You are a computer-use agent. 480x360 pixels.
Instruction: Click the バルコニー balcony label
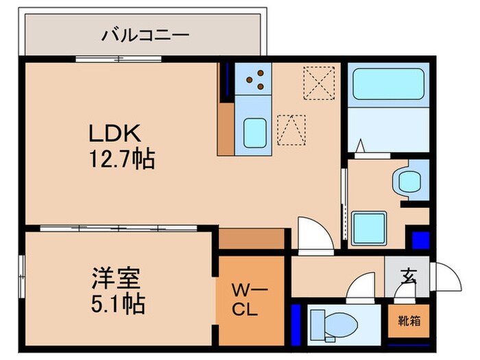tap(145, 34)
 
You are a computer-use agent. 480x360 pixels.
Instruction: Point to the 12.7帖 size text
tap(119, 160)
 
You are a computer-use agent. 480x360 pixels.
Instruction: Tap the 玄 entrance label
tap(409, 277)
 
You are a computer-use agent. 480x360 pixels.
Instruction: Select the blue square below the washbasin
tap(420, 240)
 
